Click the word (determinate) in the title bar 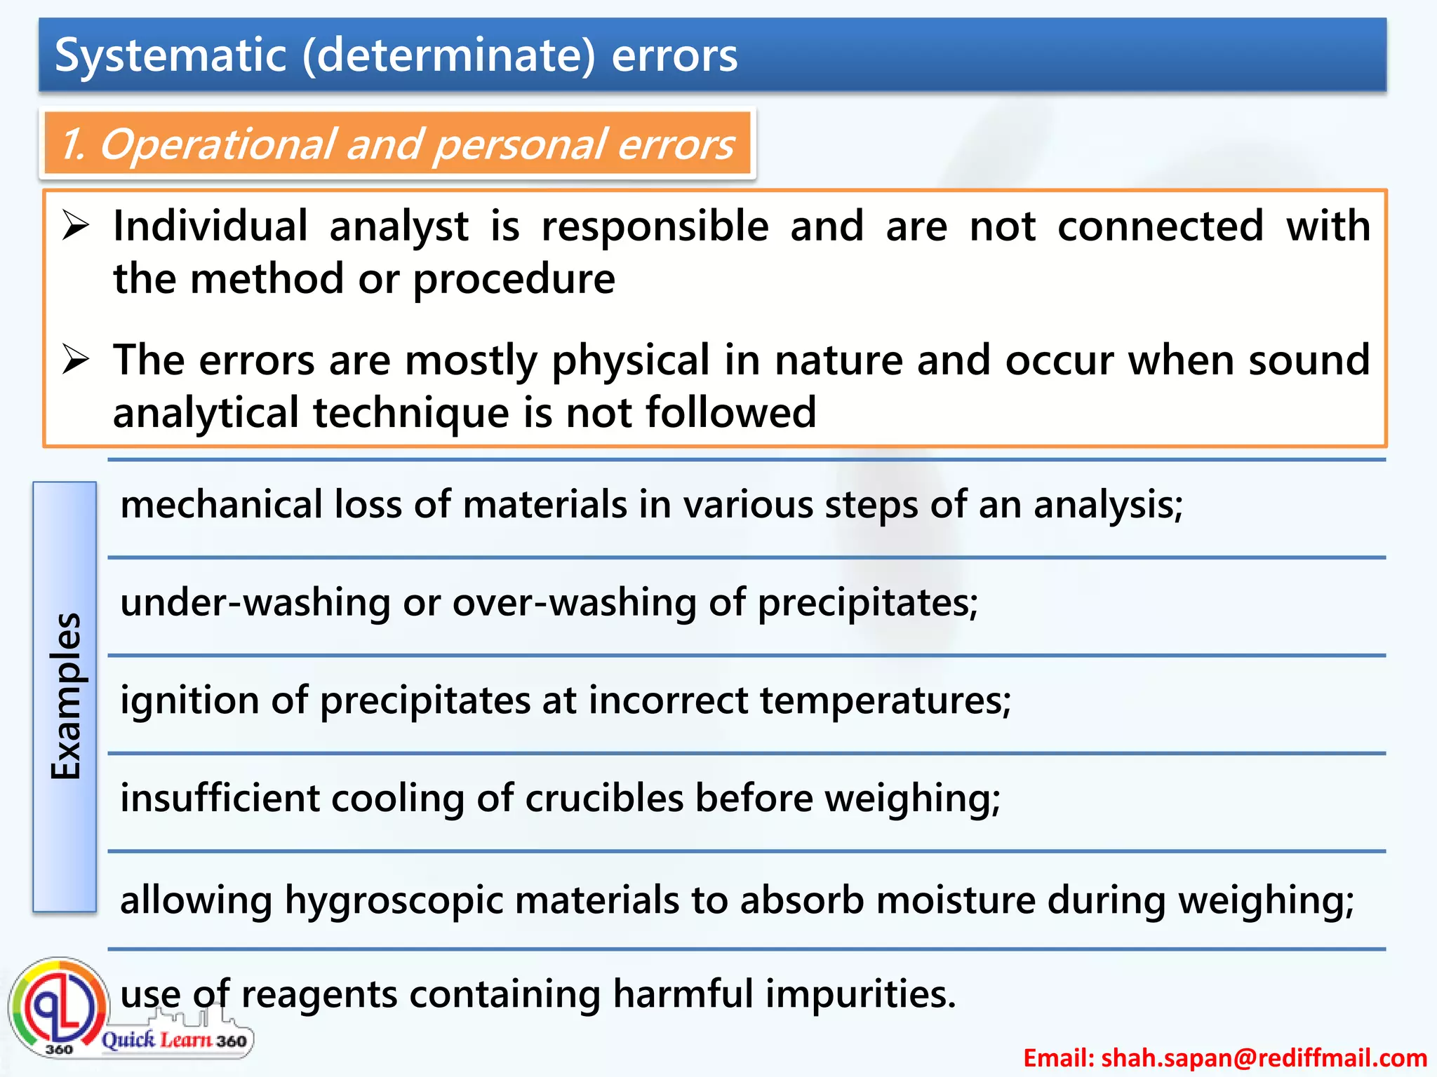(x=449, y=55)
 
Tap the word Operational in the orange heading (x=218, y=144)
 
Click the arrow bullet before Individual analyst (x=75, y=226)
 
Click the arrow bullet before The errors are (x=75, y=360)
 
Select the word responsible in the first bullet (x=655, y=227)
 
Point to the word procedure (x=514, y=280)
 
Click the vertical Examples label (x=65, y=696)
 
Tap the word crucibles (x=604, y=799)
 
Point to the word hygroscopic (x=394, y=901)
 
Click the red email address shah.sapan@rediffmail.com (x=1225, y=1057)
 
